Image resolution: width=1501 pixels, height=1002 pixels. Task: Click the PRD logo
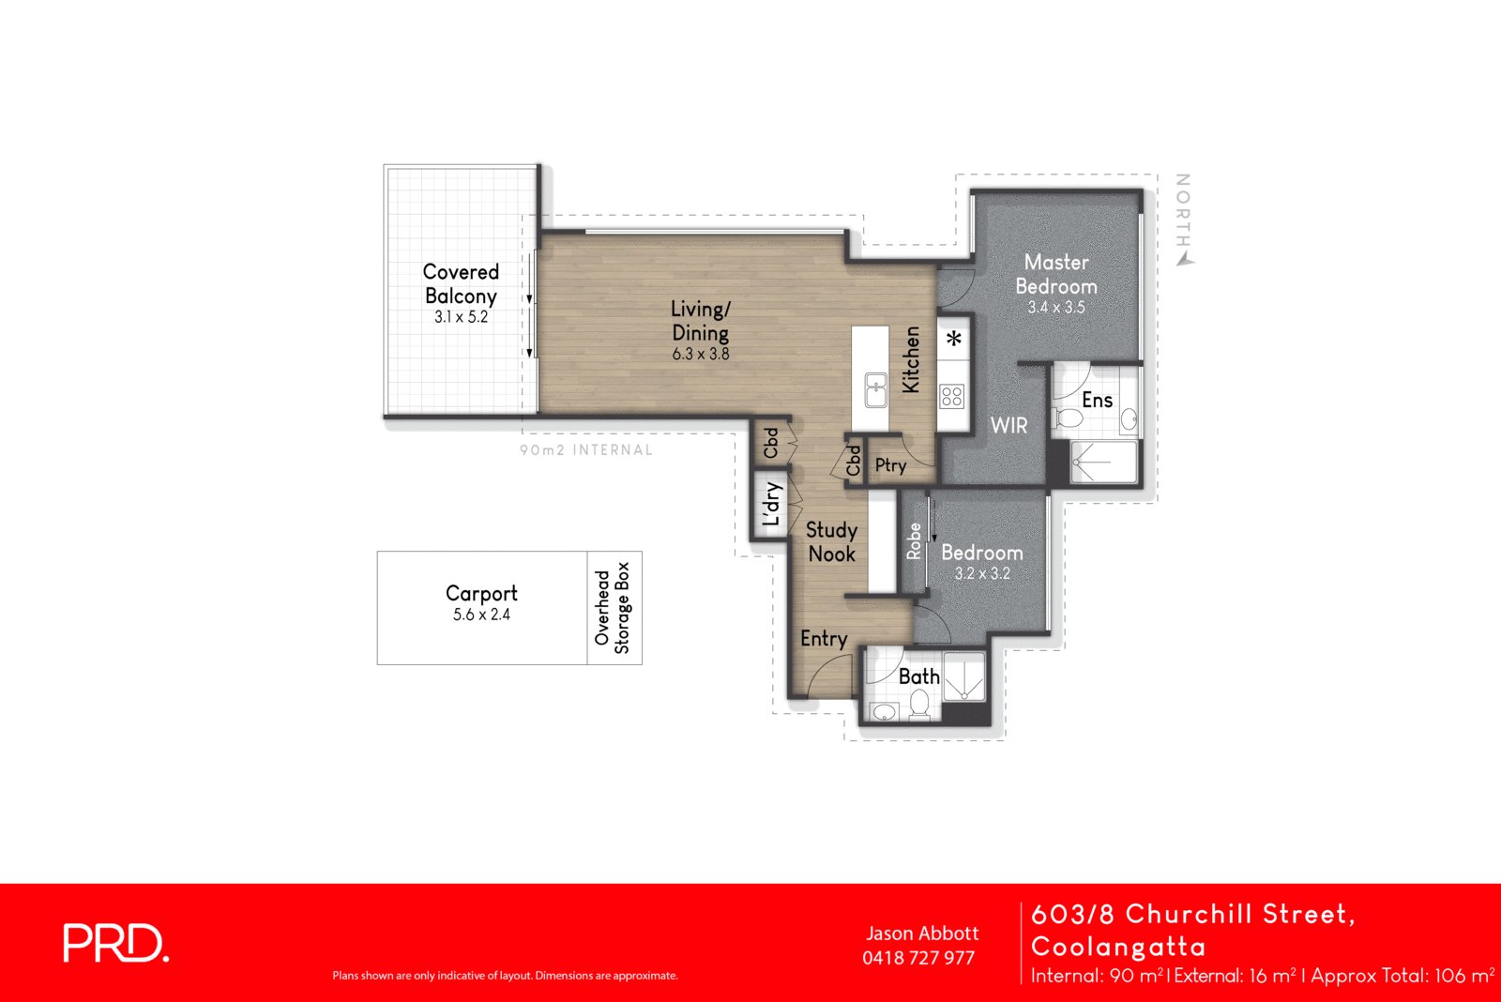pos(115,943)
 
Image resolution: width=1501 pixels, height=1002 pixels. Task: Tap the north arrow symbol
pos(1186,258)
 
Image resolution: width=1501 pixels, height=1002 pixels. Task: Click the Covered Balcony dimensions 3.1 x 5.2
pos(461,317)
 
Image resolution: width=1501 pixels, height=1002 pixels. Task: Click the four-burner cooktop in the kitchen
pos(952,396)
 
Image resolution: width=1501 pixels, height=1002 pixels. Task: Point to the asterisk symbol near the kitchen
pos(954,340)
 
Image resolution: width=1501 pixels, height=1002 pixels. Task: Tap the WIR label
pos(1008,426)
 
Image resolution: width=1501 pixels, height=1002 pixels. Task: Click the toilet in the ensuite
pos(1068,417)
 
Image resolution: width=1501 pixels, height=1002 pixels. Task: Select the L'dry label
pos(771,505)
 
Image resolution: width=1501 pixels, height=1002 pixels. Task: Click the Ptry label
pos(890,465)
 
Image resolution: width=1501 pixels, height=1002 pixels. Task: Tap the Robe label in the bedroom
pos(914,541)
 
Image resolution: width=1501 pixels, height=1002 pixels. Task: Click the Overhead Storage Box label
pos(613,608)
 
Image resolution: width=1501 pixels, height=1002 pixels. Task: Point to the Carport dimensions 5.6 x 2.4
pos(481,615)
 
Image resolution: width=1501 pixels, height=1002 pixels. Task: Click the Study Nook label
pos(831,542)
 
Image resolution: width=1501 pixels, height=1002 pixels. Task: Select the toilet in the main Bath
pos(919,704)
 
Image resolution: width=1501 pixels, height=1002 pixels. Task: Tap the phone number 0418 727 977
pos(918,958)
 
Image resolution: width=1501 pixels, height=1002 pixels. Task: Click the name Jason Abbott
pos(921,934)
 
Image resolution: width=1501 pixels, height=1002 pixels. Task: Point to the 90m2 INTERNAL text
pos(586,450)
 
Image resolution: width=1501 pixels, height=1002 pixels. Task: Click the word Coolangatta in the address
pos(1118,946)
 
